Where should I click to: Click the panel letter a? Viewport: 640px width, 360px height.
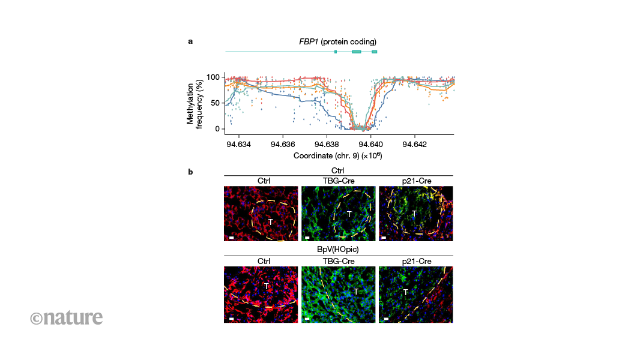click(x=190, y=41)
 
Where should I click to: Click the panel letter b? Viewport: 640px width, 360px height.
click(x=190, y=173)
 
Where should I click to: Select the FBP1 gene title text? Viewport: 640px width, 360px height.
click(x=337, y=41)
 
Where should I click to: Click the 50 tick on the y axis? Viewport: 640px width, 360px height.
click(x=215, y=103)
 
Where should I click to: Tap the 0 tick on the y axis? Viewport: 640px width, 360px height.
click(x=217, y=128)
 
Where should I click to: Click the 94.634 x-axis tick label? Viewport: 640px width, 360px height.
click(x=239, y=143)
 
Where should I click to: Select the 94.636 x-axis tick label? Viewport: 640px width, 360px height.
click(x=283, y=143)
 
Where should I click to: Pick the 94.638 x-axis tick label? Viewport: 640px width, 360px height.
click(x=327, y=143)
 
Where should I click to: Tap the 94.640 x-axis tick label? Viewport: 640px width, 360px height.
click(x=370, y=143)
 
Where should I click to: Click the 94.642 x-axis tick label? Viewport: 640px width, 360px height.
click(x=414, y=143)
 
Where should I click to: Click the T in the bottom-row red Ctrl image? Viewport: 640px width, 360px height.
click(x=266, y=287)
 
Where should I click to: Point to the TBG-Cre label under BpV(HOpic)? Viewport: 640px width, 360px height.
click(x=338, y=261)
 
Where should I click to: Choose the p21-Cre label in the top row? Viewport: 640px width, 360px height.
click(x=415, y=181)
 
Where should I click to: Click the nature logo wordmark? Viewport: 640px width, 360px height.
click(x=67, y=317)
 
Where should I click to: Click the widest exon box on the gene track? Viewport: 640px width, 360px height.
click(x=357, y=52)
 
